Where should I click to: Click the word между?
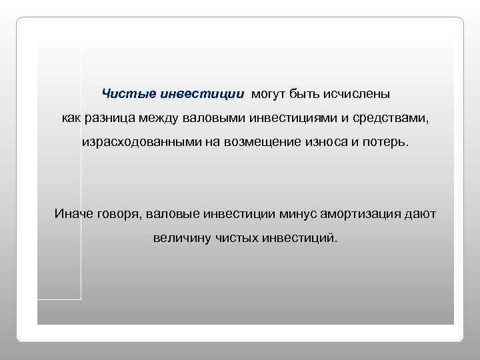(155, 118)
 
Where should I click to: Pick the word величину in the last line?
(181, 237)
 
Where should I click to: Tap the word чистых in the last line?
(238, 237)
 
